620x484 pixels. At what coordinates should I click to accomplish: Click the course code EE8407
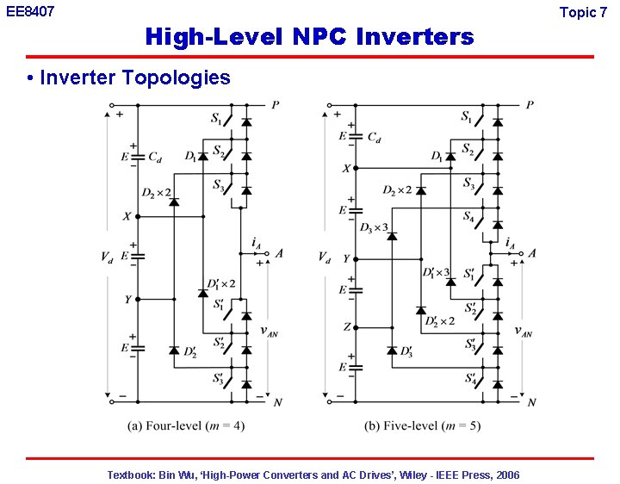pyautogui.click(x=29, y=12)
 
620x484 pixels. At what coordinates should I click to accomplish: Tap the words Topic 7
pyautogui.click(x=583, y=12)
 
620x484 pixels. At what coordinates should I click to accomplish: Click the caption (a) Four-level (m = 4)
pyautogui.click(x=185, y=426)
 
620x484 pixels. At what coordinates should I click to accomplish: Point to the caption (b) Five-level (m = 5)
pyautogui.click(x=421, y=426)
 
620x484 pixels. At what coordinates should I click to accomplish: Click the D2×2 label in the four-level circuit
pyautogui.click(x=156, y=192)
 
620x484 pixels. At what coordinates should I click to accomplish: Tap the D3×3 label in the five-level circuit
pyautogui.click(x=373, y=227)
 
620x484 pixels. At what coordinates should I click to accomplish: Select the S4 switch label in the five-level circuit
pyautogui.click(x=468, y=216)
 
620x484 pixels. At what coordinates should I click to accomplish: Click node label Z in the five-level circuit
pyautogui.click(x=346, y=327)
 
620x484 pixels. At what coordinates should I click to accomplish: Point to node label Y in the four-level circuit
pyautogui.click(x=127, y=300)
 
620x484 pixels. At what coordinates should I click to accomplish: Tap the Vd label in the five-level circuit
pyautogui.click(x=324, y=257)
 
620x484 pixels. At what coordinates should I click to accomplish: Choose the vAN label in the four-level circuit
pyautogui.click(x=269, y=330)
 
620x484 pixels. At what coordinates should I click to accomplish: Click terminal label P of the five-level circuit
pyautogui.click(x=529, y=105)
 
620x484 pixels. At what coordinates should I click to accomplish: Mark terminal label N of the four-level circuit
pyautogui.click(x=277, y=402)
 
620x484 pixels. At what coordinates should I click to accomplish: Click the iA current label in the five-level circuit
pyautogui.click(x=511, y=243)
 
